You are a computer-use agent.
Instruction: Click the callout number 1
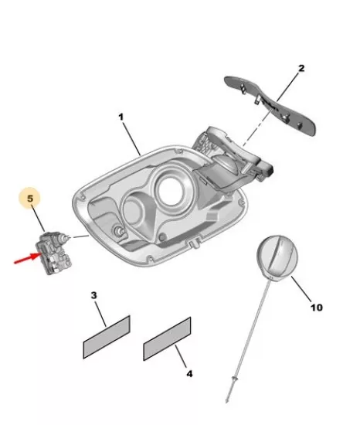coord(121,117)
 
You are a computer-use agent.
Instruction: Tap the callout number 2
coord(301,68)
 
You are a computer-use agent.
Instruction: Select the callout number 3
coord(93,295)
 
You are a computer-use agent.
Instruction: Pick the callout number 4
coord(189,374)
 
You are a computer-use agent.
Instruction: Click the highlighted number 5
coord(30,198)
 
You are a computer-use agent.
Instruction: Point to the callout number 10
coord(317,308)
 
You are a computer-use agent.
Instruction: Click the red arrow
coord(27,259)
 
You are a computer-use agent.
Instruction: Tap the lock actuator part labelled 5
coord(53,253)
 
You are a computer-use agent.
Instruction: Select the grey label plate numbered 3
coord(107,337)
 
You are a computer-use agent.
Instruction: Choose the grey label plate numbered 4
coord(167,338)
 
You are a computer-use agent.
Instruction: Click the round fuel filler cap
coord(277,259)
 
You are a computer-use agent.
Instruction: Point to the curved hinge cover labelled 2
coord(270,105)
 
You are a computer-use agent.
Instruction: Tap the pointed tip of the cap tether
coord(226,402)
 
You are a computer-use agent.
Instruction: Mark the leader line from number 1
coord(131,139)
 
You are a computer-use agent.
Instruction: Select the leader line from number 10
coord(301,289)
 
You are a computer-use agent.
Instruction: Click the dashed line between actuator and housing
coord(80,237)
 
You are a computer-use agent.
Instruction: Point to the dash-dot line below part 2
coord(256,125)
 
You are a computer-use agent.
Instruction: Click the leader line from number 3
coord(100,313)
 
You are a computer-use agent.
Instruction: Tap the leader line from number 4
coord(181,356)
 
